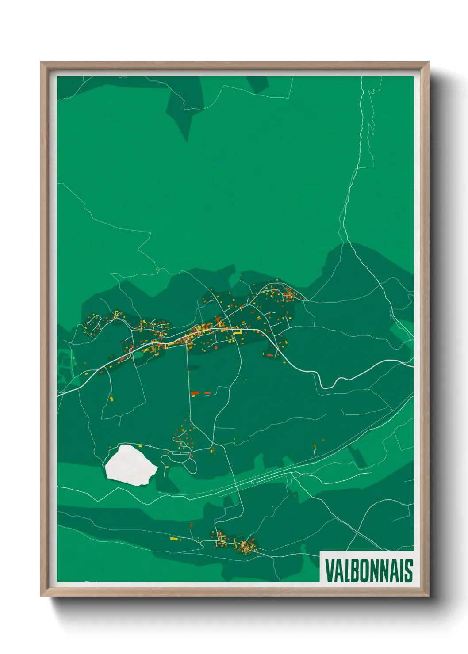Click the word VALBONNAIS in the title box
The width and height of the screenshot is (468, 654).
(x=368, y=570)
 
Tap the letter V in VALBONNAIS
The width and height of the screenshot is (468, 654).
(x=330, y=570)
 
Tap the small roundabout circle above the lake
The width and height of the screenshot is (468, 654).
(x=150, y=445)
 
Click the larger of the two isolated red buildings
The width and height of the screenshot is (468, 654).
(x=195, y=392)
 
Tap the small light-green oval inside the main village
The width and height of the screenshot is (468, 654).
(x=138, y=354)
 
